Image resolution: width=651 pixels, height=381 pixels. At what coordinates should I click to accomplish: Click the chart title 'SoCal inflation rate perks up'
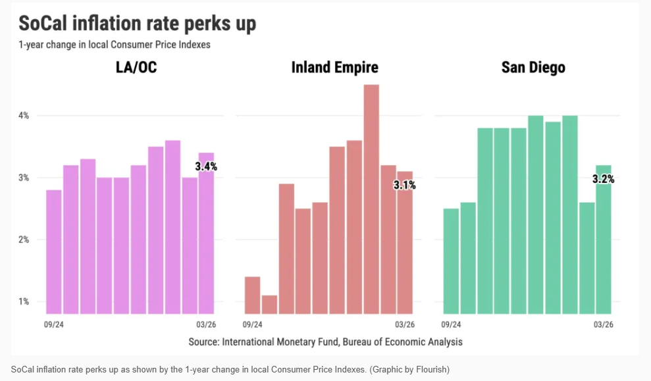[x=137, y=24]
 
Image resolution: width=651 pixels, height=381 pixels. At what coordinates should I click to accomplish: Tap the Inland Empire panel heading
[x=334, y=68]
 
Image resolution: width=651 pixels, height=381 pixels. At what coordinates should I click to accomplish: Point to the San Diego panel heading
[x=533, y=68]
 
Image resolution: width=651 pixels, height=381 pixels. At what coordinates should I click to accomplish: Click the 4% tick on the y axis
[x=24, y=116]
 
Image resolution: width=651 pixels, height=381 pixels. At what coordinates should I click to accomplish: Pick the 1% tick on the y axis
[x=24, y=301]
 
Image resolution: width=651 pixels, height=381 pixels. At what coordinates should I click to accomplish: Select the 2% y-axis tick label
[x=24, y=240]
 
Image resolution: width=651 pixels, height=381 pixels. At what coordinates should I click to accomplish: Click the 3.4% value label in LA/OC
[x=206, y=166]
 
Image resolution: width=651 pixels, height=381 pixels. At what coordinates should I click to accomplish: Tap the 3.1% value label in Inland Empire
[x=404, y=185]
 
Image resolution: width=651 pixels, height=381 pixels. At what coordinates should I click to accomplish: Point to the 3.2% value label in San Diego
[x=602, y=178]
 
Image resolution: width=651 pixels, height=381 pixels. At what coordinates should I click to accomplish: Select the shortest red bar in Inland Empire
[x=269, y=304]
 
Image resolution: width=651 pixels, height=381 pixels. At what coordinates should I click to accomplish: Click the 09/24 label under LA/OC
[x=54, y=324]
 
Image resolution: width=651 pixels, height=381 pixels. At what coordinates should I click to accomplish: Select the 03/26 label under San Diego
[x=604, y=324]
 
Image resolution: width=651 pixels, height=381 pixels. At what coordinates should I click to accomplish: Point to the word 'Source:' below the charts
[x=203, y=342]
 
